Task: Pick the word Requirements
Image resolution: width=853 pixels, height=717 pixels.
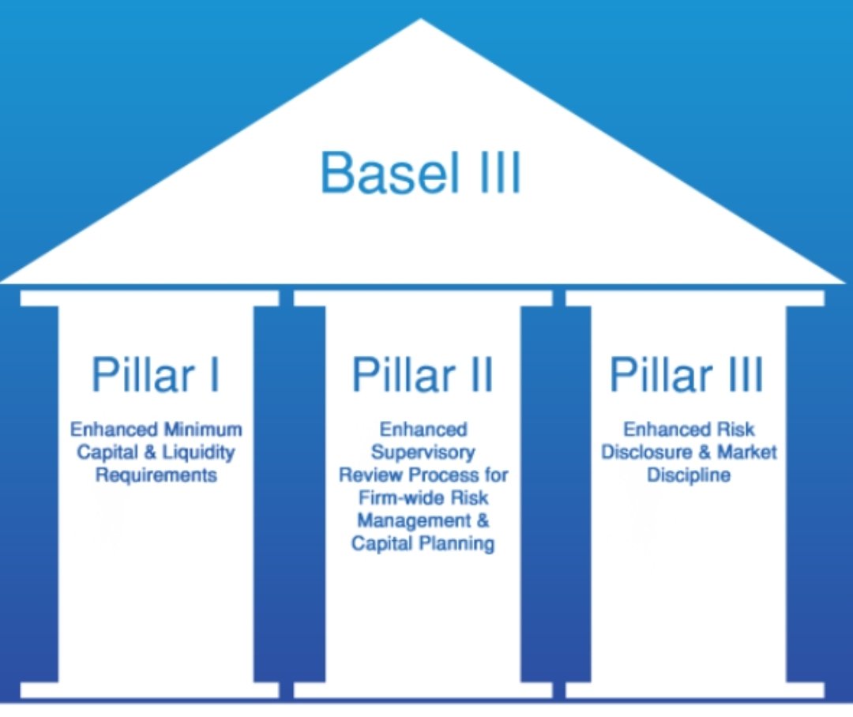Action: pyautogui.click(x=156, y=475)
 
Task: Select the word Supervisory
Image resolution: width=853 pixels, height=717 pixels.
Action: pyautogui.click(x=423, y=453)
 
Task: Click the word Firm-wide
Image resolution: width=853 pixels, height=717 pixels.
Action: pyautogui.click(x=394, y=498)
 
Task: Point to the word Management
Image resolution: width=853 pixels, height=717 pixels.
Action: pyautogui.click(x=412, y=521)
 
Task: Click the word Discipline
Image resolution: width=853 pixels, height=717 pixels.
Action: pyautogui.click(x=688, y=475)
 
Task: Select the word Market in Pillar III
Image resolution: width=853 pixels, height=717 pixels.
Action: pyautogui.click(x=746, y=453)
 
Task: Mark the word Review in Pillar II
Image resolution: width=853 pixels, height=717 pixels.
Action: pyautogui.click(x=367, y=475)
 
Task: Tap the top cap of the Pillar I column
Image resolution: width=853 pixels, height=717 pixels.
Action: pyautogui.click(x=149, y=298)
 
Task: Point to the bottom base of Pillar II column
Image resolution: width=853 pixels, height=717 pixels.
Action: pyautogui.click(x=423, y=690)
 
